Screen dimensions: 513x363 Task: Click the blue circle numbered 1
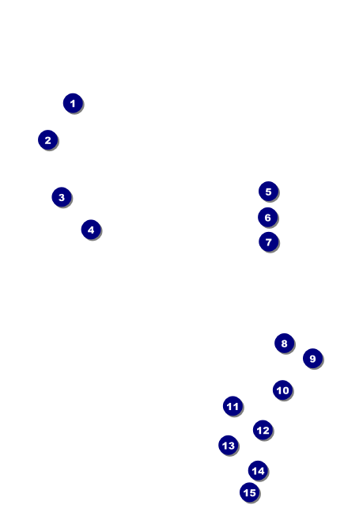73,103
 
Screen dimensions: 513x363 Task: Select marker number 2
47,140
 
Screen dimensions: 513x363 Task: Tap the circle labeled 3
62,197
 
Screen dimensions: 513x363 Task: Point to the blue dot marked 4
91,230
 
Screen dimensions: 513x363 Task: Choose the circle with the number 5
268,192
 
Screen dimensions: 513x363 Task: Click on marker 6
267,217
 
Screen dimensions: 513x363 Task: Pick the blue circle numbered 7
268,241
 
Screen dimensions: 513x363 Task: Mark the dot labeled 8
284,344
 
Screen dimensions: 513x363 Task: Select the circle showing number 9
312,359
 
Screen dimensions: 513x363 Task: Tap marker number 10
282,389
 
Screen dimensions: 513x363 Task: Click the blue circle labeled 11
233,406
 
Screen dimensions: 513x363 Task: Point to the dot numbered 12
263,430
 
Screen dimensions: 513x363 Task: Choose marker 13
229,445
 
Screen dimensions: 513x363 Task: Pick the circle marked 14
258,470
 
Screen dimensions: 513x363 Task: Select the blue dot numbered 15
249,492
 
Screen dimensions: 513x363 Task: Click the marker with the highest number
249,492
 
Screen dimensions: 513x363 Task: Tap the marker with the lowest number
73,103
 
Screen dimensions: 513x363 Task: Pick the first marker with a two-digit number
282,389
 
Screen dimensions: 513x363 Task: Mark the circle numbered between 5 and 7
267,217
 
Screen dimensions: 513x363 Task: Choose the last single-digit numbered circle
312,359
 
